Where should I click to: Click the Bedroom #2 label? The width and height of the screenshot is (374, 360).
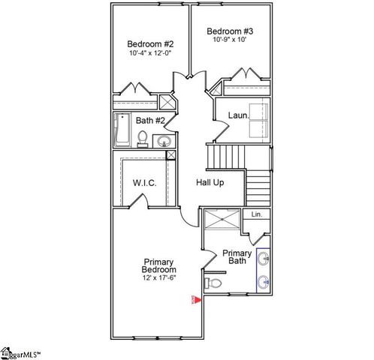(150, 43)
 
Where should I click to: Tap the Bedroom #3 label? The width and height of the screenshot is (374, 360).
(230, 31)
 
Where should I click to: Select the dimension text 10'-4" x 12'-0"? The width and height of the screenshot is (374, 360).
(150, 54)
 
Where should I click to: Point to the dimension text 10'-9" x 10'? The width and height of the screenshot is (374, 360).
(230, 40)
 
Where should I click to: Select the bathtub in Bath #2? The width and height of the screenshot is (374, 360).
(122, 130)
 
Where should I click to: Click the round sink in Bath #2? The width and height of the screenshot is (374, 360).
(163, 140)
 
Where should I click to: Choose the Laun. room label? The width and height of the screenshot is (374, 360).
(238, 115)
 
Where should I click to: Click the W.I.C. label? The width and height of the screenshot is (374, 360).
(144, 182)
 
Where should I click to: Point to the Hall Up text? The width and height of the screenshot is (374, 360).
(210, 182)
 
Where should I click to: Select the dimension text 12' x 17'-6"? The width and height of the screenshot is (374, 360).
(159, 278)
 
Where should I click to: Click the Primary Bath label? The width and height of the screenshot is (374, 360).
(236, 256)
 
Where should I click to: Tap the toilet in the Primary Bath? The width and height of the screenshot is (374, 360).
(214, 283)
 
